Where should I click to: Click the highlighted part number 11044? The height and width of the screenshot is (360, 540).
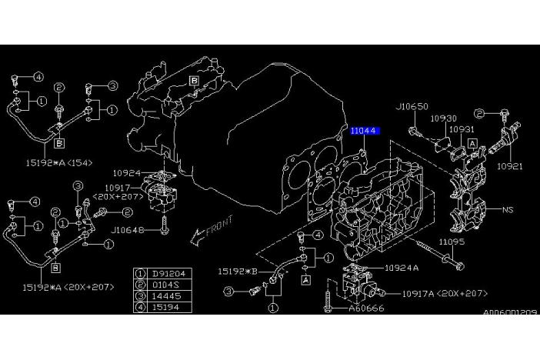364,132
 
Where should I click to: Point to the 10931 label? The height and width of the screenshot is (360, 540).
462,129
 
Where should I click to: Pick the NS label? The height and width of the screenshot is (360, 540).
508,209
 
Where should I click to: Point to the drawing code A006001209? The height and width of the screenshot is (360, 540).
510,313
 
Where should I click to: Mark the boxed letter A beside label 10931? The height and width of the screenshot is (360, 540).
472,143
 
